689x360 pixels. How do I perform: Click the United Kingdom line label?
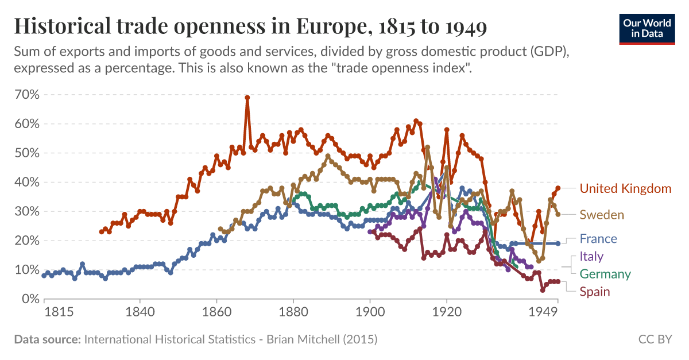click(625, 188)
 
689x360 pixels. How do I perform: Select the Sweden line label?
click(602, 215)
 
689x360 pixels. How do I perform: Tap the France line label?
click(598, 239)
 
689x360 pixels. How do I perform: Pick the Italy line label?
click(591, 256)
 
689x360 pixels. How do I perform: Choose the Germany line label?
click(605, 274)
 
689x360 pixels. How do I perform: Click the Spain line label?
click(594, 292)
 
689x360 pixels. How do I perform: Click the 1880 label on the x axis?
click(293, 312)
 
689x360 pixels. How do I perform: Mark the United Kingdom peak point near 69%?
click(247, 98)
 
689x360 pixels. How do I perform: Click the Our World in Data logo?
click(647, 28)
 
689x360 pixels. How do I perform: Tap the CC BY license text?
click(655, 339)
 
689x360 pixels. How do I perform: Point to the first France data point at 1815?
click(44, 276)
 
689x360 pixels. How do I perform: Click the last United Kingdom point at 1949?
click(558, 188)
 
